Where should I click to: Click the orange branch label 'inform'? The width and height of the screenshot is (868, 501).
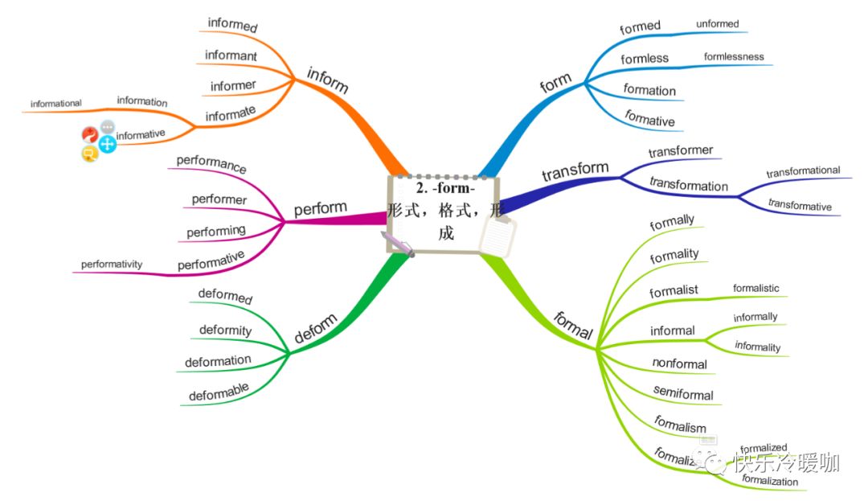coord(327,80)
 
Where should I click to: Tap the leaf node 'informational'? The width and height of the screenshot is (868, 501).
coord(56,104)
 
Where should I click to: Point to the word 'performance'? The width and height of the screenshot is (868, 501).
coord(211,164)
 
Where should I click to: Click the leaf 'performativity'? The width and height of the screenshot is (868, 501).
coord(112,264)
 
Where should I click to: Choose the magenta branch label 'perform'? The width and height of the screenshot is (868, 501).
coord(320,209)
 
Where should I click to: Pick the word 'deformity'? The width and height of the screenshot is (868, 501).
coord(225,330)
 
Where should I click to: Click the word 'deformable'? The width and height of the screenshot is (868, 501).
coord(219,392)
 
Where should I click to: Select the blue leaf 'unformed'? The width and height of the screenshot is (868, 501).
coord(717,24)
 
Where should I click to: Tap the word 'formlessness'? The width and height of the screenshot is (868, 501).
coord(734,57)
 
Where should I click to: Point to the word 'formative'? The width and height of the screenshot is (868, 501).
coord(649,120)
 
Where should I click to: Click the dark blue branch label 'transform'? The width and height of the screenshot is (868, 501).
coord(575,171)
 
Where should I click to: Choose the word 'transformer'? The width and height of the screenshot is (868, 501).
coord(680,150)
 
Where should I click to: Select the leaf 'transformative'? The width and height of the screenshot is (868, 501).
coord(800,206)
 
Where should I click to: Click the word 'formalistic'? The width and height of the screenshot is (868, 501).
coord(755,288)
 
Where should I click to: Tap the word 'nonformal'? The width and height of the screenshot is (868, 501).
coord(679,363)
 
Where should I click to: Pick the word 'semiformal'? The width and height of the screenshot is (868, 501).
coord(683,394)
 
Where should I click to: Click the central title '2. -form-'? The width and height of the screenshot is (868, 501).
coord(445,189)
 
